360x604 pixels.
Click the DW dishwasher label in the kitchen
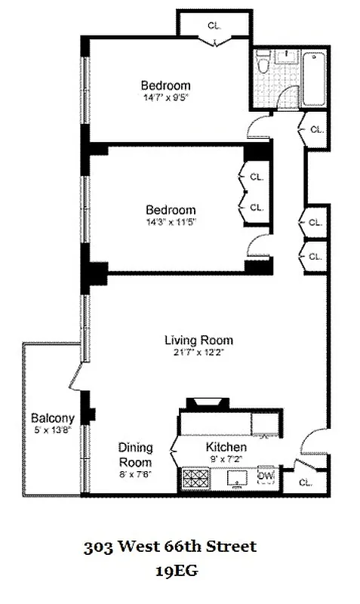click(265, 476)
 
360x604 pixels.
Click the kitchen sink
click(236, 479)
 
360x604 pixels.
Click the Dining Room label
click(135, 455)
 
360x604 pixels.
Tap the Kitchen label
click(226, 447)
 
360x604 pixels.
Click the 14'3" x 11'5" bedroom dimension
click(171, 222)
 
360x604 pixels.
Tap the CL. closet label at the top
click(215, 26)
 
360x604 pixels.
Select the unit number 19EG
click(176, 572)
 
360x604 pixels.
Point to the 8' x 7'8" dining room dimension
click(135, 474)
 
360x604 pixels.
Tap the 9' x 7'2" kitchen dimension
click(226, 458)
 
